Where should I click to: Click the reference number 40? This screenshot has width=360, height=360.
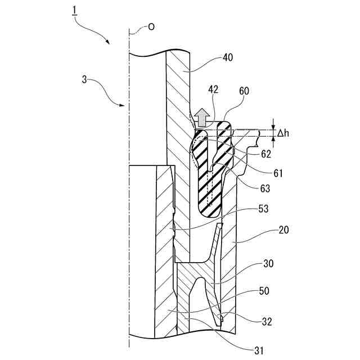click(x=228, y=57)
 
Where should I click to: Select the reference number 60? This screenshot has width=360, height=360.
click(x=244, y=90)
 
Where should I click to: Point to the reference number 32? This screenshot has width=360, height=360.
click(x=267, y=322)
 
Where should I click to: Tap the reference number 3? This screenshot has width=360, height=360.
click(x=84, y=80)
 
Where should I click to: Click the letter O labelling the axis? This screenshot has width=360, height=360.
click(x=151, y=26)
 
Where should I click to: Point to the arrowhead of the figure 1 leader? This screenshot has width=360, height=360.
click(x=108, y=43)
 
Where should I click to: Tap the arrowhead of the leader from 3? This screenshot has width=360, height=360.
click(x=123, y=105)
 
